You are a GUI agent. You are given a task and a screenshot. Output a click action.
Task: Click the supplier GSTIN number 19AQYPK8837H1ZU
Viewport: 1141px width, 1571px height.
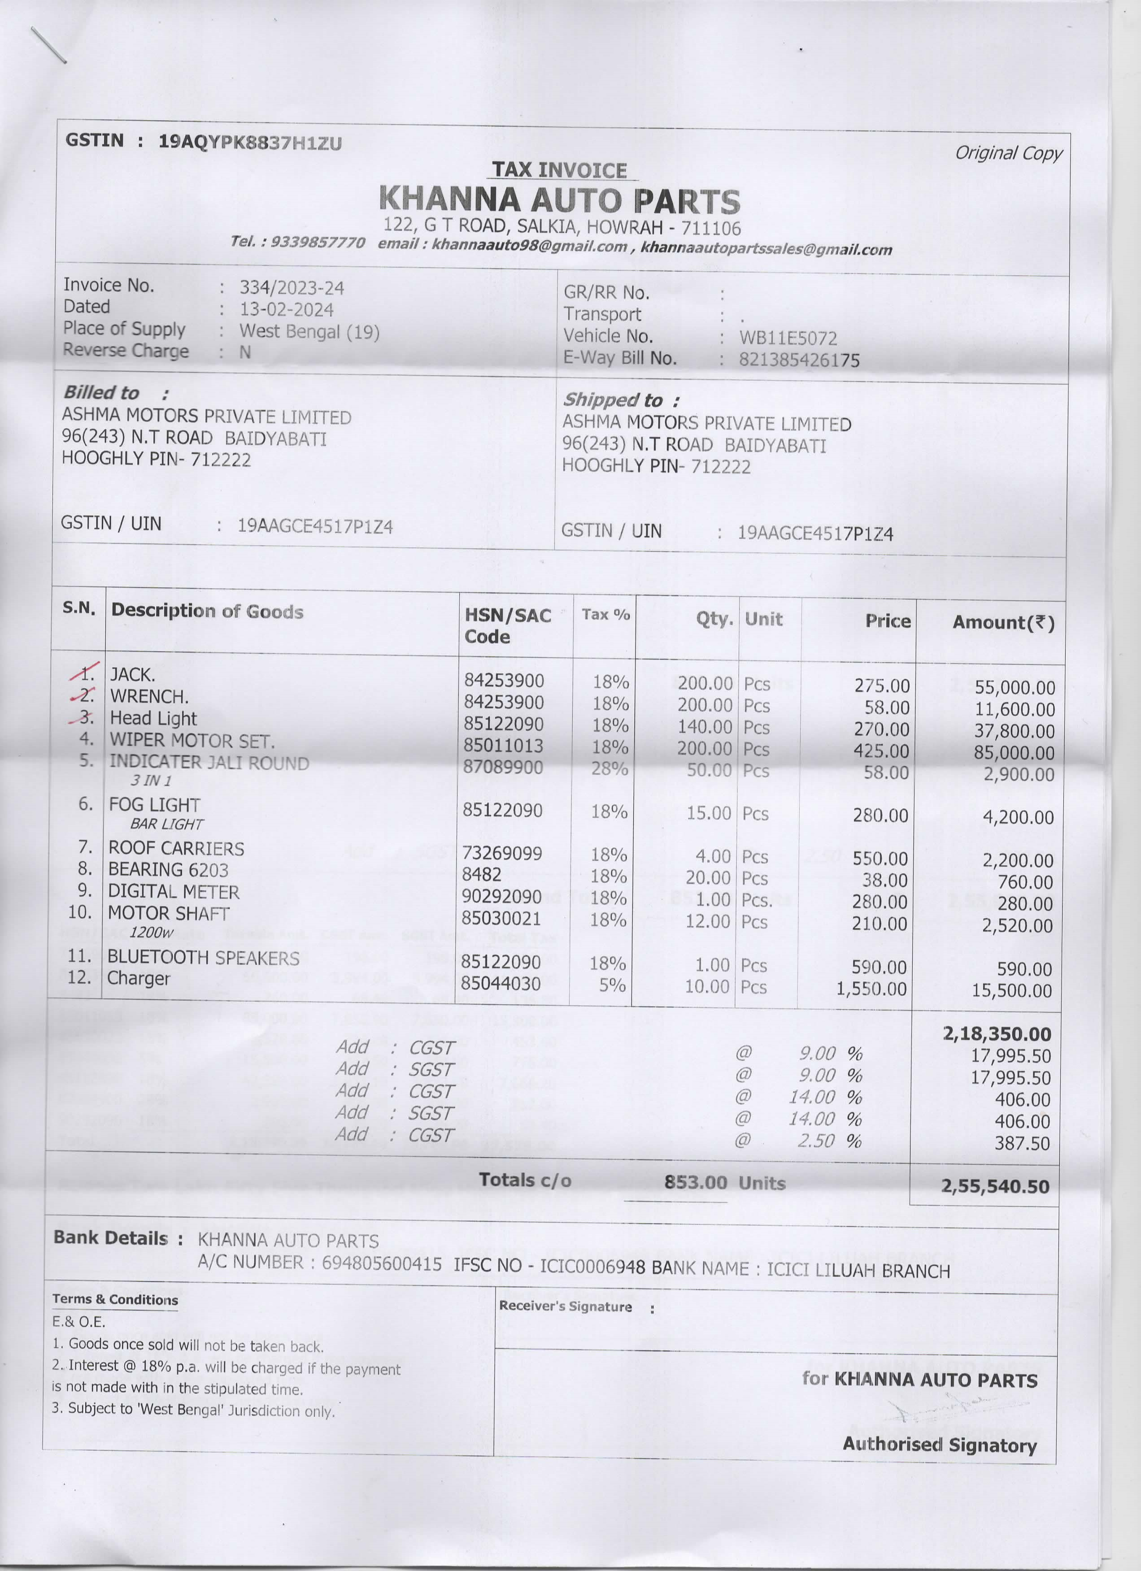[x=250, y=143]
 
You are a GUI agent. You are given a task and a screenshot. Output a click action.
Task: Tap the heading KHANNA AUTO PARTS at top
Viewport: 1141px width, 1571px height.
[x=560, y=200]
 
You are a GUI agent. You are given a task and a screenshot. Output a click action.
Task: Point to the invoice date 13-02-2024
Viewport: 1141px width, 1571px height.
[x=287, y=310]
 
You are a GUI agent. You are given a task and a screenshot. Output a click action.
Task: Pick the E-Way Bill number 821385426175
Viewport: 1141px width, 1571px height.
[x=799, y=360]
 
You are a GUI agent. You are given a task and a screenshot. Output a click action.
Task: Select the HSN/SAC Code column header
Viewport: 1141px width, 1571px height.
[x=507, y=625]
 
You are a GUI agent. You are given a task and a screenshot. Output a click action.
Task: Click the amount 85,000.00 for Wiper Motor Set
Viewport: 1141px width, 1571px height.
[x=1014, y=753]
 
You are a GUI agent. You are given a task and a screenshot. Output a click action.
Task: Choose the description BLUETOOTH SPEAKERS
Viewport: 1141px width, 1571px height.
[x=203, y=958]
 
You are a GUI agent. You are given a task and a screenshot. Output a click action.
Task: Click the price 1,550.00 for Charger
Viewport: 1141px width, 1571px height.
[x=871, y=989]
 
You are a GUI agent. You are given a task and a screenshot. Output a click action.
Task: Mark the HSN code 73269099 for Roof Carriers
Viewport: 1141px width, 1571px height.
[x=502, y=853]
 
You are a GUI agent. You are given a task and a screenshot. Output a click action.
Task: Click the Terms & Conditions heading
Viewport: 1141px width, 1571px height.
[x=115, y=1299]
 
